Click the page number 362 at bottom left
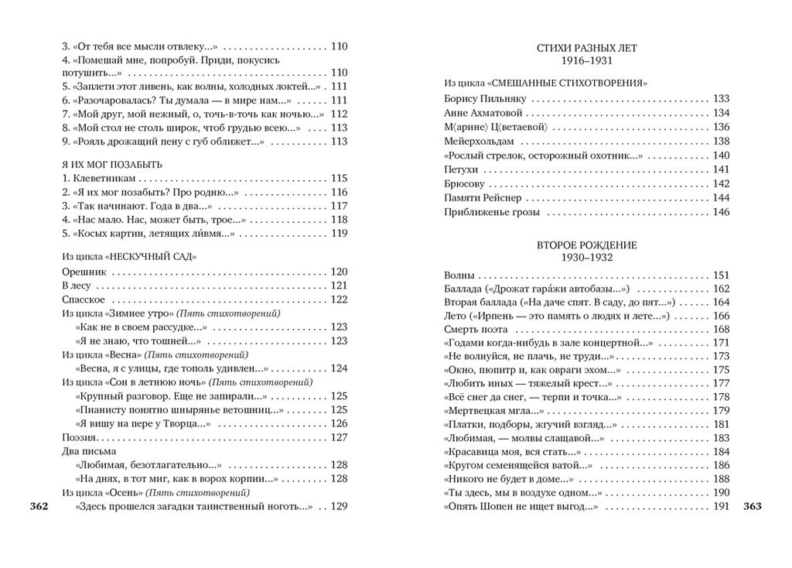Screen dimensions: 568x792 (x=39, y=507)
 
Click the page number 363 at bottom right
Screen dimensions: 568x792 (x=752, y=507)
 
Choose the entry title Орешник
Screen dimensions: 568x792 (x=84, y=272)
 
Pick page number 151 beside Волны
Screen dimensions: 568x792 (x=721, y=275)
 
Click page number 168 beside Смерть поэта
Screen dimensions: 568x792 (x=721, y=329)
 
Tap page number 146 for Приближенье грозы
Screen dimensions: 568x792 (x=721, y=212)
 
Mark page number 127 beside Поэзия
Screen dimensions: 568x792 (x=339, y=437)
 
